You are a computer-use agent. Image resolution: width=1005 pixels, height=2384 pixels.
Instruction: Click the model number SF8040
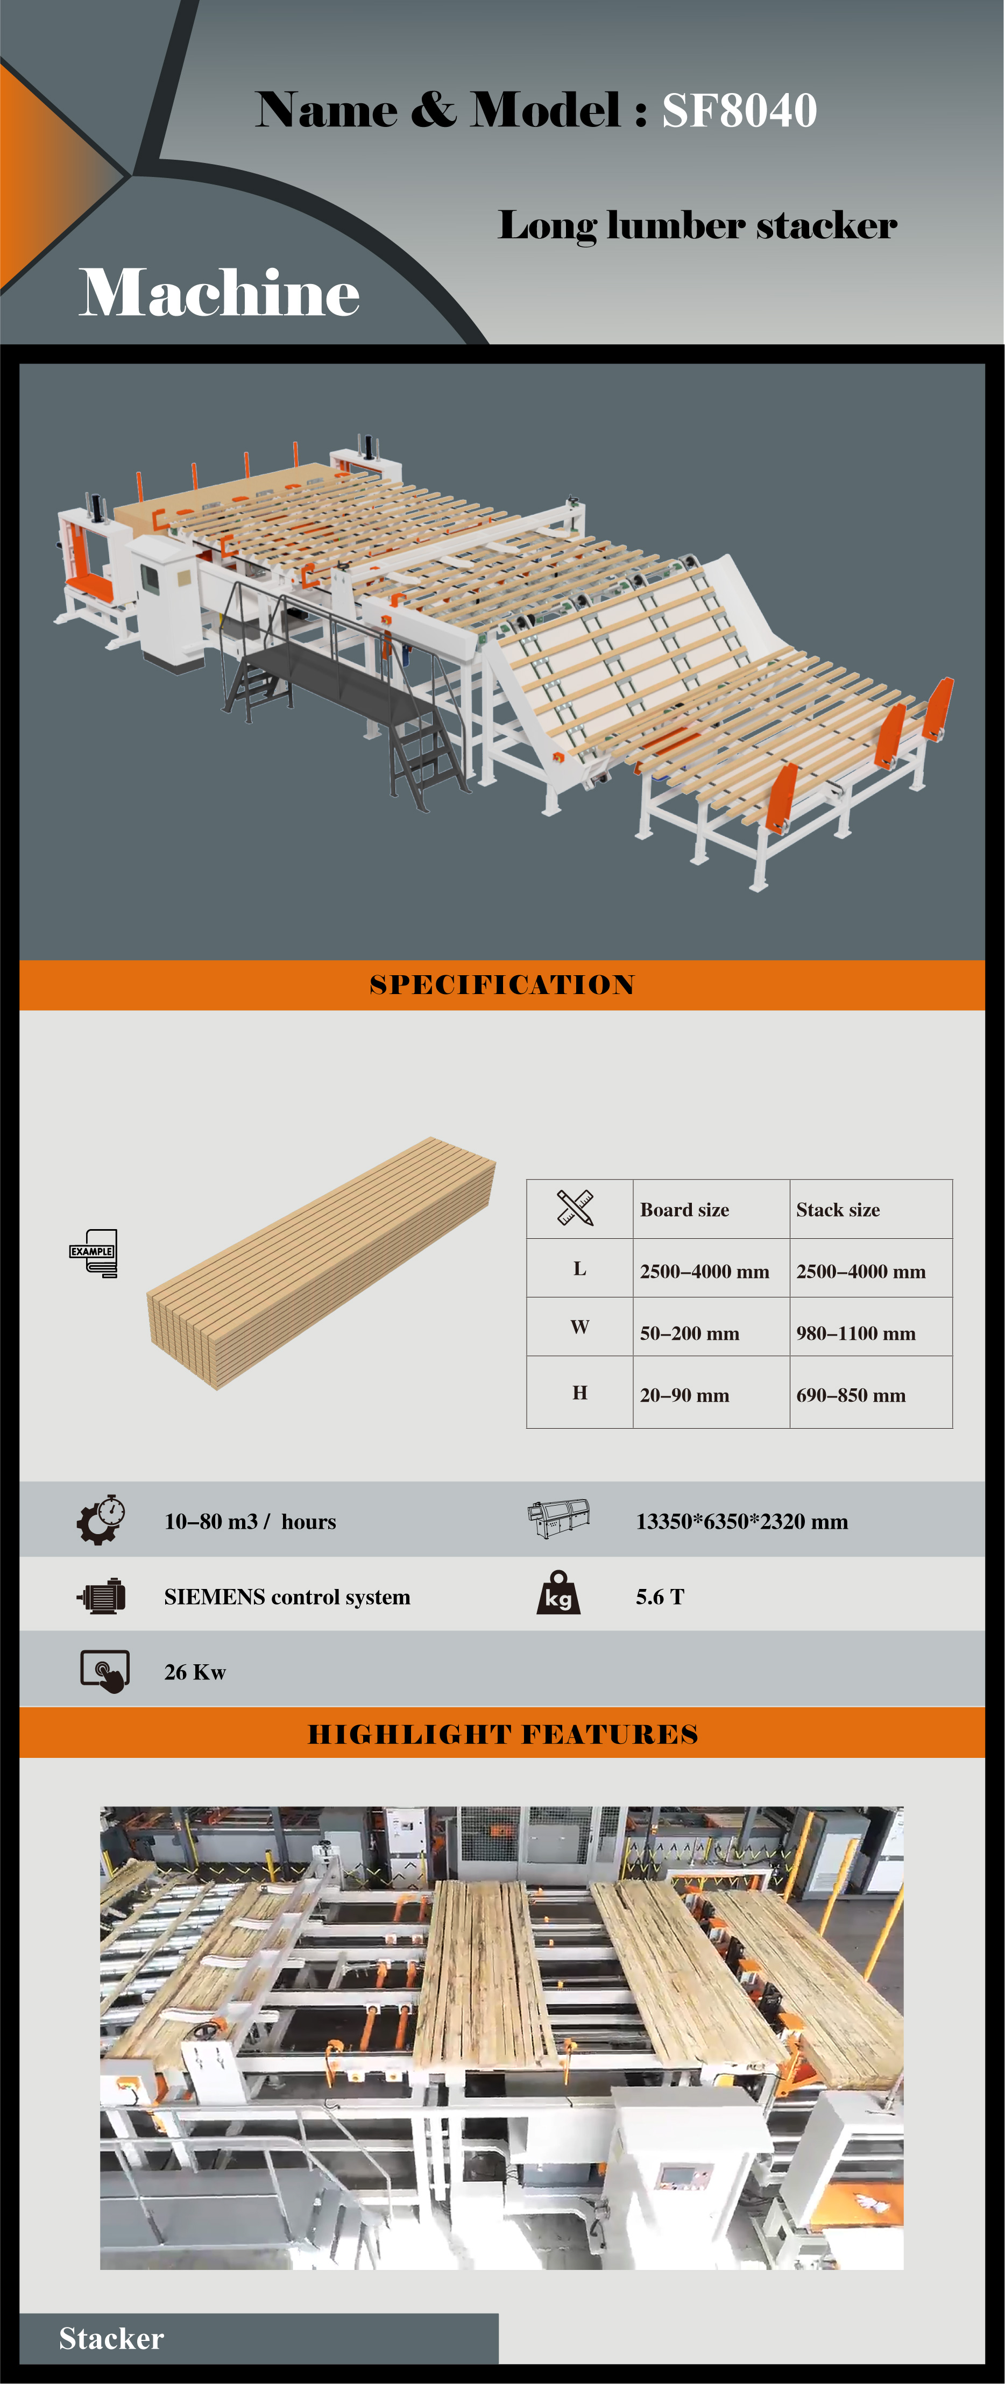click(739, 111)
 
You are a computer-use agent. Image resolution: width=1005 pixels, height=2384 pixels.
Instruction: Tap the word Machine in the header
click(220, 293)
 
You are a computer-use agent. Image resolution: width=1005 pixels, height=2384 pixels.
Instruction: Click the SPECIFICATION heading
click(502, 985)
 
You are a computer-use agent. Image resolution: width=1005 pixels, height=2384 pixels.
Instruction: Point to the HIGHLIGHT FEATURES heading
click(502, 1734)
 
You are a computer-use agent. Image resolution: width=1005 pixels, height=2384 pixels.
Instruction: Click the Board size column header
click(685, 1210)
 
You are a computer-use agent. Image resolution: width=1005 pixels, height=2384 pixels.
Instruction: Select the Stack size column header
click(838, 1210)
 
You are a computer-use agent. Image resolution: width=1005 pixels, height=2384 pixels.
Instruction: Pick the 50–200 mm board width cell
click(689, 1333)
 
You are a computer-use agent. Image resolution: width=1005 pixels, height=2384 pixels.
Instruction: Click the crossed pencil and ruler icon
click(575, 1208)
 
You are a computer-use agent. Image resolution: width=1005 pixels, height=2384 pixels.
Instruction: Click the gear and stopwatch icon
click(102, 1519)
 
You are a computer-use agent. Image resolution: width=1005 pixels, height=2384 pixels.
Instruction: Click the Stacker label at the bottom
click(111, 2339)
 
